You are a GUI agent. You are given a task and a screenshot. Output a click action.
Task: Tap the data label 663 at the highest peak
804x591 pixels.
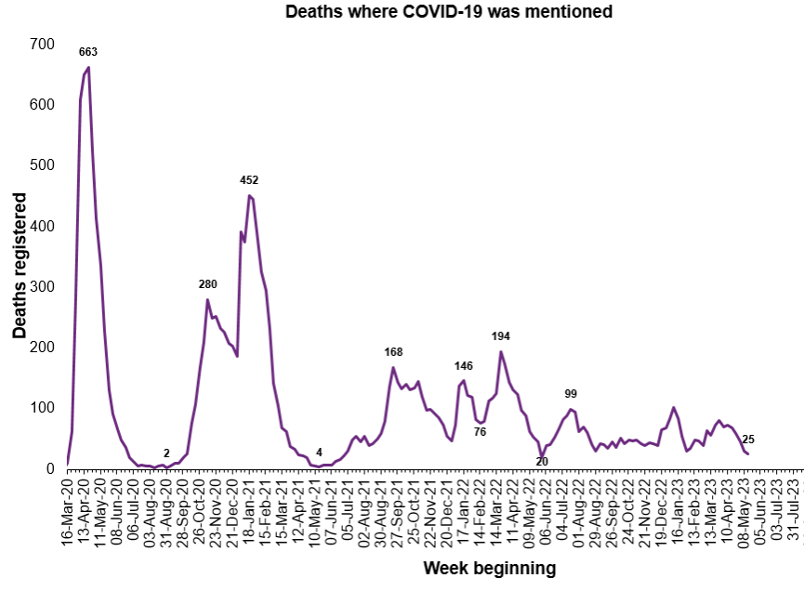(x=88, y=52)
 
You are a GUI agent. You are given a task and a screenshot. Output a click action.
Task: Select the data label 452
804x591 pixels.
(x=248, y=180)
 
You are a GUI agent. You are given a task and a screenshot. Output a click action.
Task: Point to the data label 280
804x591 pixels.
(x=207, y=283)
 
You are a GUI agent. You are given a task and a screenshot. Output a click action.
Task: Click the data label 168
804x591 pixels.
(x=393, y=351)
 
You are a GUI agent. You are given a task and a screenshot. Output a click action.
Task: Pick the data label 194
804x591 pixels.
(x=501, y=335)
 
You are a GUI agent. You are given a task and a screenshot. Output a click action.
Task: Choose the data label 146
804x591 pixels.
(x=464, y=366)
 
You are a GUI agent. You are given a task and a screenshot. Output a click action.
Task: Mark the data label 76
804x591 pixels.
(x=480, y=431)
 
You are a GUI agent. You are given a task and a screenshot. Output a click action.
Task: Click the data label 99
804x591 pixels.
(x=572, y=394)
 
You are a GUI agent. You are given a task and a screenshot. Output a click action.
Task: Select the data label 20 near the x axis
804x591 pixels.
(x=542, y=461)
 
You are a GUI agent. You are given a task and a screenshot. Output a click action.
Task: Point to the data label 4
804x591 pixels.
(x=319, y=453)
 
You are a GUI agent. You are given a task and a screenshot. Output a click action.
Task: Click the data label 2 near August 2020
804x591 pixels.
(x=166, y=453)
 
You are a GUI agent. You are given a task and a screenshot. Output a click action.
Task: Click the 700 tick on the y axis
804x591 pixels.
(x=42, y=44)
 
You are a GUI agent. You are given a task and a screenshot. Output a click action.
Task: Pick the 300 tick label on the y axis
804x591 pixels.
(x=42, y=286)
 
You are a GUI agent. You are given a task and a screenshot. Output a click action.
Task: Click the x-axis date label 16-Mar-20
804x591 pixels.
(x=67, y=510)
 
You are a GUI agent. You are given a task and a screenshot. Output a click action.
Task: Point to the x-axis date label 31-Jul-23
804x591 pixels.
(x=793, y=510)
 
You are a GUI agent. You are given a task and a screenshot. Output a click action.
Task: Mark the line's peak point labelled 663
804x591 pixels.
(x=88, y=67)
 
